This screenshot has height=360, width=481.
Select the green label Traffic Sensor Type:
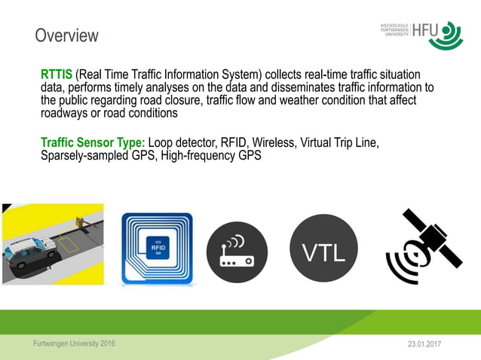pos(93,143)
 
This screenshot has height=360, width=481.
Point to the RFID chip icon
pos(158,249)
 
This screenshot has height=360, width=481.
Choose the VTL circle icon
pos(324,252)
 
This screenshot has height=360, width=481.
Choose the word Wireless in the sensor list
pos(274,143)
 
